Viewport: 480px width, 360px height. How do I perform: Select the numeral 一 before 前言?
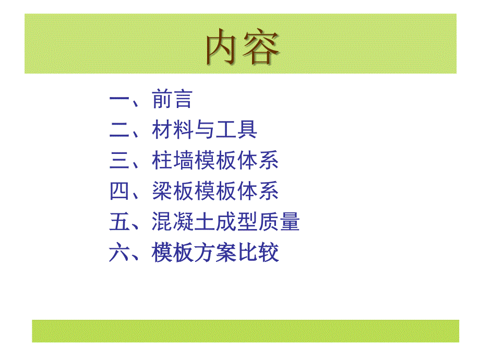119,99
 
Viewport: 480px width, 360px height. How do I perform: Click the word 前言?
172,99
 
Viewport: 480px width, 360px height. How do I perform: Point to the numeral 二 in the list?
119,129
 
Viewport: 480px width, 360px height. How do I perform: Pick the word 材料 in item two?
172,129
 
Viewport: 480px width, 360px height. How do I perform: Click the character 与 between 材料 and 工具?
204,129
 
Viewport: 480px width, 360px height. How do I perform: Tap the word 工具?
236,129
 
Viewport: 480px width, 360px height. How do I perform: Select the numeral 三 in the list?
119,160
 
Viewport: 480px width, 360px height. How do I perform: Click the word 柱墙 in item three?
172,160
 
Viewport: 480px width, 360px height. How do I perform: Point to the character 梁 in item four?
162,191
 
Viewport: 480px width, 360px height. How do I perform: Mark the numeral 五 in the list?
119,221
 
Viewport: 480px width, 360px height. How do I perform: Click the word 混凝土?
183,221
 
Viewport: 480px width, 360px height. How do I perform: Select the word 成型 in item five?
236,221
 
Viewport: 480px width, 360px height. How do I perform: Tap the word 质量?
279,221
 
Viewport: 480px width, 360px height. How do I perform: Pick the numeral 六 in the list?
119,252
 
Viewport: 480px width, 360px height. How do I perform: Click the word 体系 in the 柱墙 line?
258,160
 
